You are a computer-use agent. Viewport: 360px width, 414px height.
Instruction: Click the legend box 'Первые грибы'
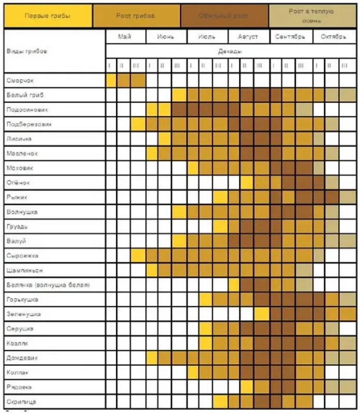pyautogui.click(x=48, y=16)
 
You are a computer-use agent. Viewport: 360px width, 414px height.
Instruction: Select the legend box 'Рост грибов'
pyautogui.click(x=136, y=16)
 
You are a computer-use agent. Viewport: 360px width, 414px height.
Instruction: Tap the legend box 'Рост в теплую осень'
pyautogui.click(x=312, y=16)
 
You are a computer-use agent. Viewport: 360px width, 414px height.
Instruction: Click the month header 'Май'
pyautogui.click(x=125, y=37)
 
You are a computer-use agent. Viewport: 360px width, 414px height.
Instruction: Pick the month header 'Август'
pyautogui.click(x=248, y=37)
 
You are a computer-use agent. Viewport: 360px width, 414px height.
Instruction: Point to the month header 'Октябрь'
pyautogui.click(x=334, y=37)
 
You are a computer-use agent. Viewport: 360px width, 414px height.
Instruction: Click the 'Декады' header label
pyautogui.click(x=230, y=51)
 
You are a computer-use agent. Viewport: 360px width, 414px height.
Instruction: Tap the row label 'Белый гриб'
pyautogui.click(x=25, y=95)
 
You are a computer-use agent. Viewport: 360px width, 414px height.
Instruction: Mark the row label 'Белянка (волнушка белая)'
pyautogui.click(x=48, y=285)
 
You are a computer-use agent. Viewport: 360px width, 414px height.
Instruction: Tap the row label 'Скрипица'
pyautogui.click(x=21, y=402)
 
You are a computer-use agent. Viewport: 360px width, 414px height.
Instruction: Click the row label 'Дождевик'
pyautogui.click(x=22, y=358)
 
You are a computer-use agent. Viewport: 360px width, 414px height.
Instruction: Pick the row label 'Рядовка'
pyautogui.click(x=20, y=387)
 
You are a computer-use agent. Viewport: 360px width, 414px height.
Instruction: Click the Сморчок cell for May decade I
pyautogui.click(x=111, y=81)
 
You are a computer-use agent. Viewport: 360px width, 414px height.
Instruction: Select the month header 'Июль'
pyautogui.click(x=207, y=37)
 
